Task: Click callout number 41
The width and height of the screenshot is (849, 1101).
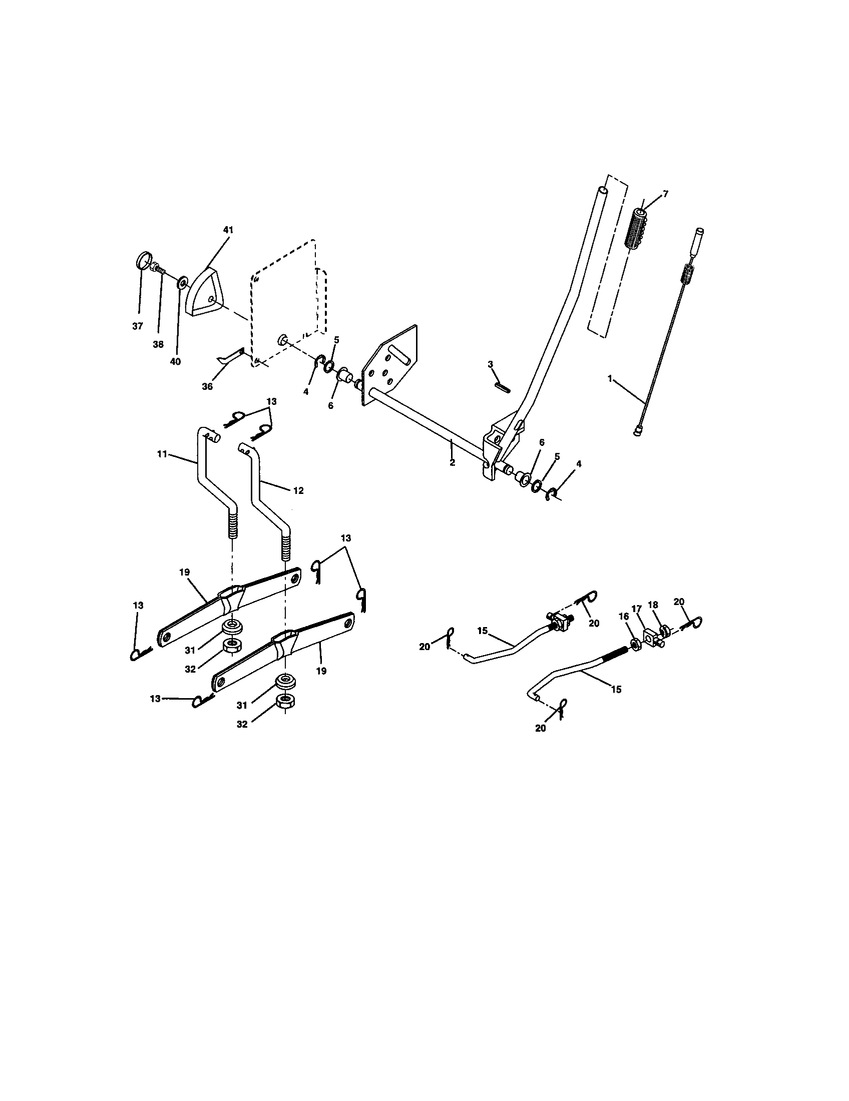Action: pos(228,230)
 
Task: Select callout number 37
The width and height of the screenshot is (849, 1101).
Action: pos(138,326)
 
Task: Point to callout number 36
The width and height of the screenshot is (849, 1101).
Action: pos(207,387)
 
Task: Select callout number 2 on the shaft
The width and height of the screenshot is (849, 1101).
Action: pos(452,462)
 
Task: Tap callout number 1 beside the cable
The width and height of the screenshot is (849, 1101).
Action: pos(610,379)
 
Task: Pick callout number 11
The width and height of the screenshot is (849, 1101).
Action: pos(162,454)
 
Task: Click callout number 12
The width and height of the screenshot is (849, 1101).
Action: pos(298,490)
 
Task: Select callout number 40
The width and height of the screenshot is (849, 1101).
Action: pos(175,361)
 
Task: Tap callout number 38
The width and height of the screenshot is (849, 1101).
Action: pos(158,344)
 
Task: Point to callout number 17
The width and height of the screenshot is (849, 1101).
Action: pos(637,609)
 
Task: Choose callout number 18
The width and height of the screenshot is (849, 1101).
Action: pos(653,605)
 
